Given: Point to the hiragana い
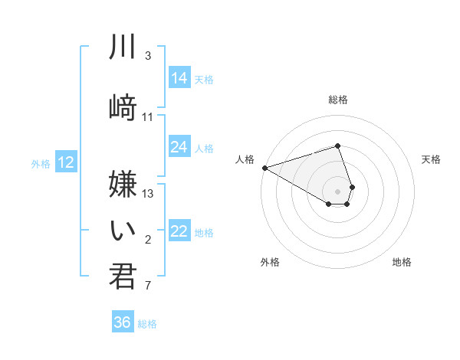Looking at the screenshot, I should tap(122, 229).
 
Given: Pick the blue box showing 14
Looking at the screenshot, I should tap(179, 77).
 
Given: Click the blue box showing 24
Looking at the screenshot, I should tap(179, 147).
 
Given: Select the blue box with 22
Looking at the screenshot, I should tap(179, 231).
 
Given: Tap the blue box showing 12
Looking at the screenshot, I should tap(66, 162).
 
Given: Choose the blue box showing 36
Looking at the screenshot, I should tap(123, 322).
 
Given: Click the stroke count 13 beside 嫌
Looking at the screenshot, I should tap(149, 193).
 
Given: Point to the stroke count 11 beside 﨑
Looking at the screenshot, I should tap(148, 117).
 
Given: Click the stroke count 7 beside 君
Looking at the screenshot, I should tap(148, 286).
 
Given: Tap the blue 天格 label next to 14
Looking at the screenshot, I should tap(204, 79).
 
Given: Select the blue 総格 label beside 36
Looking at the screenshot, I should tap(147, 324).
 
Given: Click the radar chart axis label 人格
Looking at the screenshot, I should tap(245, 159).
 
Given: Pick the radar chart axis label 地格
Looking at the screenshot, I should tap(402, 262).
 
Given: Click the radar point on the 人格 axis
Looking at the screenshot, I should tap(264, 168).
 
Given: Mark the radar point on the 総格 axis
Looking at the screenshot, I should tap(337, 146).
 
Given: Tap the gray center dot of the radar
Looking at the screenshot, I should tap(337, 191).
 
